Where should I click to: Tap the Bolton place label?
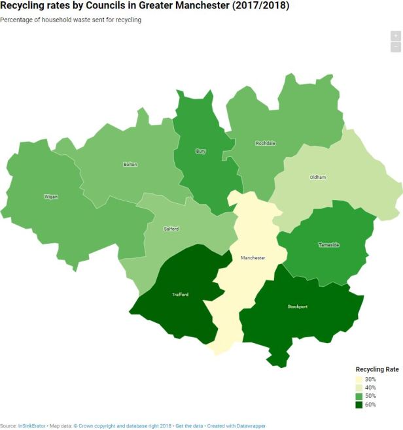coord(130,165)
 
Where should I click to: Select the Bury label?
coord(201,151)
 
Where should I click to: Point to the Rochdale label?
coord(265,143)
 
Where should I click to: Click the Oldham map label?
coord(317,177)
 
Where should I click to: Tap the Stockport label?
coord(297,306)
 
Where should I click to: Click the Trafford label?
coord(181,295)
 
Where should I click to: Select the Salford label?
coord(171,229)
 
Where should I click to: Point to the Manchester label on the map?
coord(253,257)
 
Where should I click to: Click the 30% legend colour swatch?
coord(359,380)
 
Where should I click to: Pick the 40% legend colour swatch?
coord(359,388)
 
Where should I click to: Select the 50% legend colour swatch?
coord(359,397)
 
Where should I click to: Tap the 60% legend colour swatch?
coord(359,405)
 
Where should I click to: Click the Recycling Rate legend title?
coord(377,369)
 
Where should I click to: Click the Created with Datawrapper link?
coord(237,425)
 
